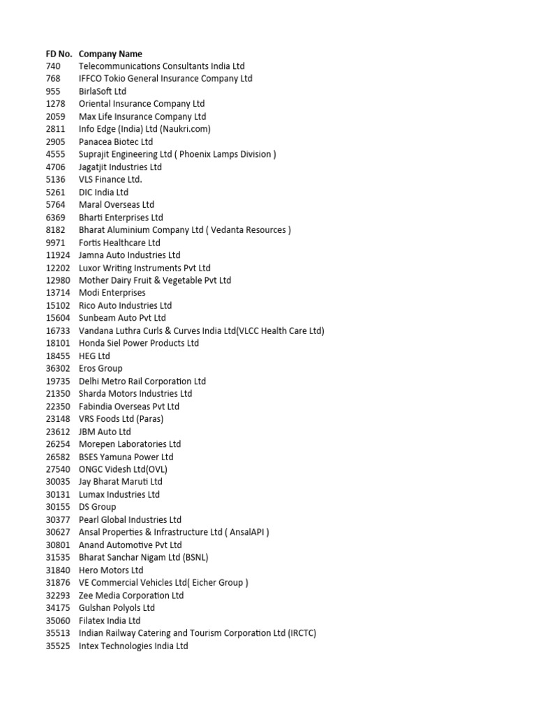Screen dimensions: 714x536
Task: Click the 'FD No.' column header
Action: (x=59, y=54)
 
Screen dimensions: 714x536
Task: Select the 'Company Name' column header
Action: (x=110, y=54)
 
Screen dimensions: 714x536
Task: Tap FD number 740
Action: (x=52, y=66)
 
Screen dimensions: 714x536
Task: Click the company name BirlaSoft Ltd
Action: (x=103, y=91)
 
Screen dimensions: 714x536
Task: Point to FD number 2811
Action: (x=55, y=129)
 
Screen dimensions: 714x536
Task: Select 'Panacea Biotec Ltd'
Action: (x=116, y=142)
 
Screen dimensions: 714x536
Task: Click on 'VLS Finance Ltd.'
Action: (x=110, y=179)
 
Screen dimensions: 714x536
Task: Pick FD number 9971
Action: (x=55, y=243)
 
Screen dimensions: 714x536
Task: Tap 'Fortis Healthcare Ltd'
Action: (x=119, y=243)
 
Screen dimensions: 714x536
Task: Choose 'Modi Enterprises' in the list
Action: (x=112, y=293)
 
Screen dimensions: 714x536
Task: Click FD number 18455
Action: (x=58, y=356)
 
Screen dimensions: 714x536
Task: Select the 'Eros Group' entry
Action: (x=100, y=368)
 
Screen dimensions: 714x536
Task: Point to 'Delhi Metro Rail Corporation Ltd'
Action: (x=142, y=381)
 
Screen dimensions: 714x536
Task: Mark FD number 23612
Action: (x=58, y=432)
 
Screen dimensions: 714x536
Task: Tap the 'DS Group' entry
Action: (x=97, y=507)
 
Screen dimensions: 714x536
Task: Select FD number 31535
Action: (x=58, y=557)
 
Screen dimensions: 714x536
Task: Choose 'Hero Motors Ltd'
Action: (x=111, y=570)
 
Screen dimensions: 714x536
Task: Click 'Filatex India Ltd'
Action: (x=110, y=621)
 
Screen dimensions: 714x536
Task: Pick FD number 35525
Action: (x=58, y=646)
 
